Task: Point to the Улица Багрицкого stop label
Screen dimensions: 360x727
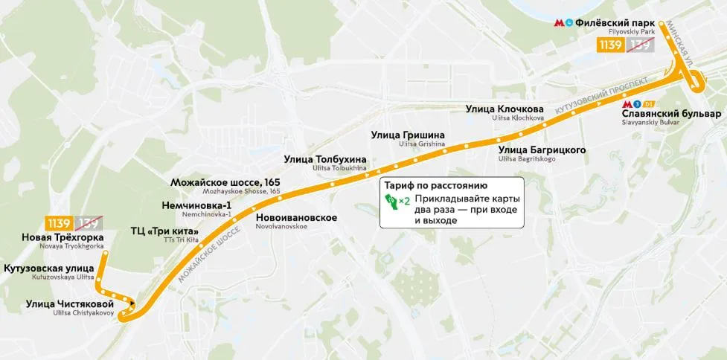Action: coord(542,150)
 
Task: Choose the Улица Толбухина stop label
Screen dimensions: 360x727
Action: coord(325,159)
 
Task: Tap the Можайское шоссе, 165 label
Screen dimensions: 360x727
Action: coord(225,182)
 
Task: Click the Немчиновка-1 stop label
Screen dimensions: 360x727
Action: coord(196,205)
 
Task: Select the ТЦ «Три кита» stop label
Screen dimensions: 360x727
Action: coord(164,231)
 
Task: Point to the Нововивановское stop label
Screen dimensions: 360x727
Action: coord(296,218)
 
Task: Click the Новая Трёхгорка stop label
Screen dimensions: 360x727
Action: coord(63,237)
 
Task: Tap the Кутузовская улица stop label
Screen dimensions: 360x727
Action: coord(49,269)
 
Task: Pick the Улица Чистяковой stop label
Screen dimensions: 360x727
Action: coord(70,303)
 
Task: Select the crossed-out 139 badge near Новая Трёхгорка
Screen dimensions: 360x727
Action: coord(89,222)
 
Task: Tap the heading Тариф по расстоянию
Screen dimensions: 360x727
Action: coord(435,185)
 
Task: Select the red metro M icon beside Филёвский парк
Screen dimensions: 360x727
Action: coord(559,23)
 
